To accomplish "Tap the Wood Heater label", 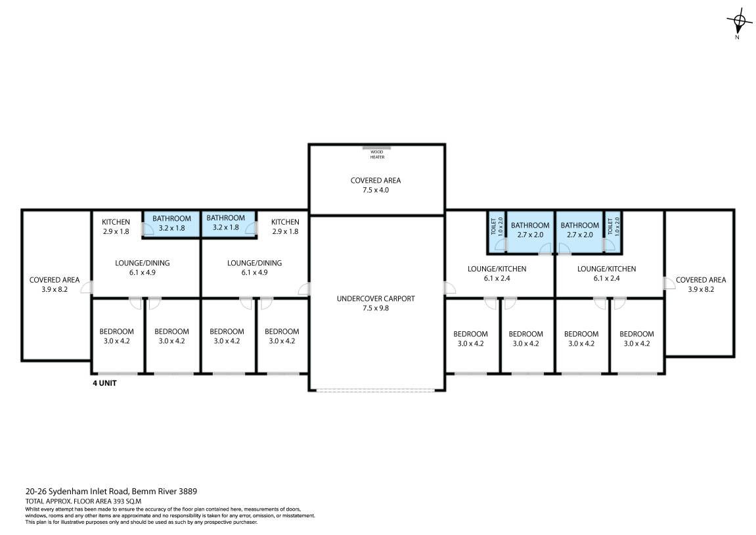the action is click(x=377, y=154).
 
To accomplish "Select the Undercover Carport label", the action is click(x=376, y=298).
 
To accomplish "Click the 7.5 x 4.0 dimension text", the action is click(x=376, y=190).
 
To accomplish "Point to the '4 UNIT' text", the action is click(x=104, y=384).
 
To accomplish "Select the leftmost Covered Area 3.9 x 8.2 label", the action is click(x=55, y=285).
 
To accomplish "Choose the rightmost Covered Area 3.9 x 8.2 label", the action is click(x=701, y=285).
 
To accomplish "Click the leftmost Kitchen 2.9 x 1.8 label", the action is click(x=116, y=227).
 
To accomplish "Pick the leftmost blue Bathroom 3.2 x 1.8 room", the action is click(x=171, y=224).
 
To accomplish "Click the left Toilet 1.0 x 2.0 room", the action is click(x=497, y=232).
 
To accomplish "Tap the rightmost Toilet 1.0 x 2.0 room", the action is click(x=613, y=232).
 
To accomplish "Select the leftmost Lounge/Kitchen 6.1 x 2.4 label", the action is click(x=497, y=273).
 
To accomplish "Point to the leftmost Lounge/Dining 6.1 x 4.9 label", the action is click(x=143, y=267).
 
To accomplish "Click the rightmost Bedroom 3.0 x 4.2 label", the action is click(x=636, y=338).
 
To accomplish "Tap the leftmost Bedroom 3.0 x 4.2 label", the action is click(x=117, y=337).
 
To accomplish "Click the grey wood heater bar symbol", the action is click(x=377, y=147).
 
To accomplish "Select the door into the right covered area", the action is click(x=669, y=283).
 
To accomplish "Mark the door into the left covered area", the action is click(x=86, y=287).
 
